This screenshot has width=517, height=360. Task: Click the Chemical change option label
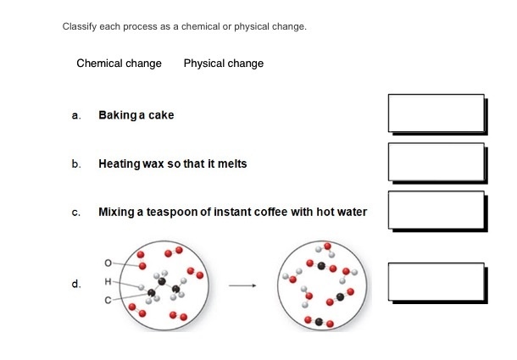click(x=119, y=64)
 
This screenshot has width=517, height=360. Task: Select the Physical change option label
click(x=224, y=64)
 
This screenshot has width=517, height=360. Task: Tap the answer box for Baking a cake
click(x=436, y=113)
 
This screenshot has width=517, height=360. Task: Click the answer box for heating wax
click(x=436, y=162)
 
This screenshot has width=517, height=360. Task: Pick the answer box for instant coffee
click(x=436, y=210)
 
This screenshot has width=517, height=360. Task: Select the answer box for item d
click(x=436, y=282)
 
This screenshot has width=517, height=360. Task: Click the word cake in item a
click(x=161, y=115)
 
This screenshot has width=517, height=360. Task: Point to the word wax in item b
click(x=153, y=163)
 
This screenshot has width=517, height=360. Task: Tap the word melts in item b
click(x=232, y=163)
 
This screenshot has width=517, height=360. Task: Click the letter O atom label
click(x=108, y=263)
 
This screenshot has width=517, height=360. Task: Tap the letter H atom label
click(x=108, y=281)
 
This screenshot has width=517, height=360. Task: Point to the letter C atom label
click(x=108, y=301)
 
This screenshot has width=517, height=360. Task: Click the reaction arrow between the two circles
click(x=242, y=285)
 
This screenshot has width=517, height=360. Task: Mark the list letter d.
click(x=76, y=284)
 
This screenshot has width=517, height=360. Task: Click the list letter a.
click(x=76, y=116)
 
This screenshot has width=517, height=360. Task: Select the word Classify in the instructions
click(x=80, y=26)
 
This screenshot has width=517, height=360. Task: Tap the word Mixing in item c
click(x=116, y=212)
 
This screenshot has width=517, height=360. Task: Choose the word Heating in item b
click(x=120, y=163)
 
